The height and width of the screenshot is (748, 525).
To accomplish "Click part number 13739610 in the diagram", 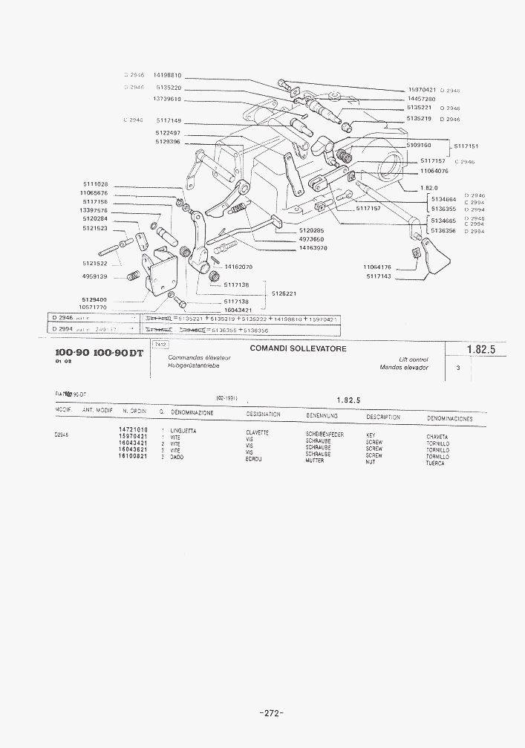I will click(167, 99).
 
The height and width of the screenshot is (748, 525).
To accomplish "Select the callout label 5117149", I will click(169, 120).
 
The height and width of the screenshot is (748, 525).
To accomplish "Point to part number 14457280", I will click(421, 99).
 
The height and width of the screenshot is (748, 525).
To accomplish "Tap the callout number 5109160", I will click(419, 146).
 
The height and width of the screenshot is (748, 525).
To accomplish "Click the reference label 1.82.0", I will click(428, 188).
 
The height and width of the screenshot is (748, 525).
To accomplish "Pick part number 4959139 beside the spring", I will click(95, 276).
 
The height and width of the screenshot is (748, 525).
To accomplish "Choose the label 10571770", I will click(94, 307).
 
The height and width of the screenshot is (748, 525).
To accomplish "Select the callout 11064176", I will click(377, 267).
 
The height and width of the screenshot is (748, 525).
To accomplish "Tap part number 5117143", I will click(379, 276).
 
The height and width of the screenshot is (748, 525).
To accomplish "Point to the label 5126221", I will click(284, 293).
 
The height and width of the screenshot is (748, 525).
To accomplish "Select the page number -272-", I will click(272, 713).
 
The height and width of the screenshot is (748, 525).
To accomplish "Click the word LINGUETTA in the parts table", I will click(183, 431).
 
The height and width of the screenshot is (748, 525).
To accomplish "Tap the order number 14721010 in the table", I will click(133, 430).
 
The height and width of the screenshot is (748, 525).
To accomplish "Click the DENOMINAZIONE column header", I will click(192, 412).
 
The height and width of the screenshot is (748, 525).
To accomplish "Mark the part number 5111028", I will click(94, 184).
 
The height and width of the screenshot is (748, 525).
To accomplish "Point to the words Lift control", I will click(414, 360).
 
